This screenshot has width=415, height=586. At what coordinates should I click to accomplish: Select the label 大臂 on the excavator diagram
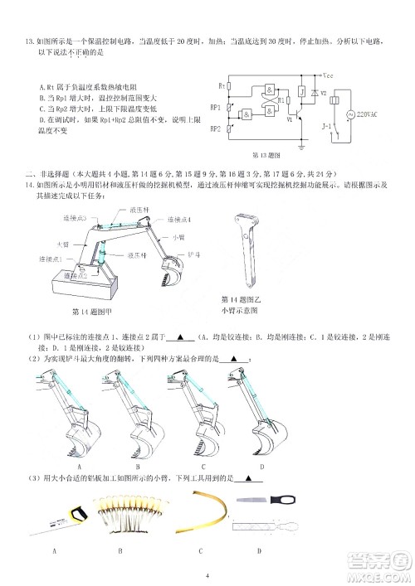[x=62, y=245]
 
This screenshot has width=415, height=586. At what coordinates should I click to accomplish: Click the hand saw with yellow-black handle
[x=61, y=522]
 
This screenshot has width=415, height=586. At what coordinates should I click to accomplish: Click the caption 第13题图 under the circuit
[x=266, y=155]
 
